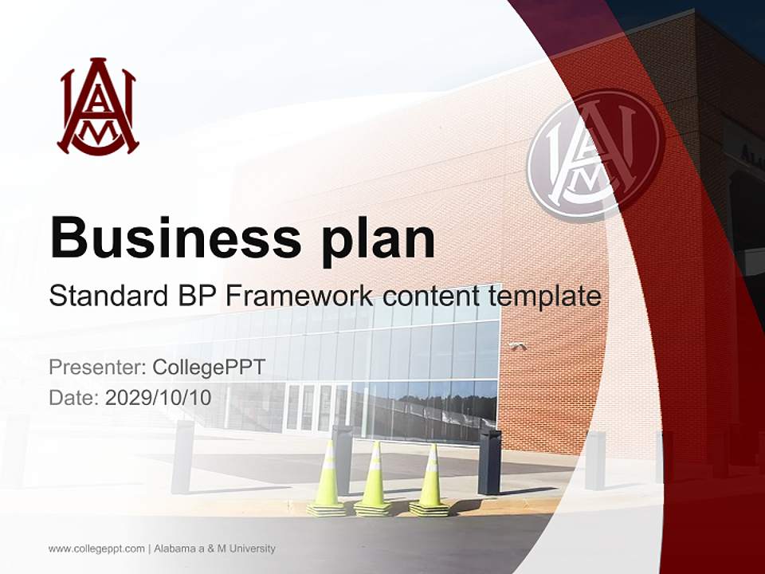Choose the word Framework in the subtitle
[300, 296]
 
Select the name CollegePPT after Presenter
[209, 368]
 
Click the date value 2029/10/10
[158, 397]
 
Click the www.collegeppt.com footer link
[96, 548]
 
